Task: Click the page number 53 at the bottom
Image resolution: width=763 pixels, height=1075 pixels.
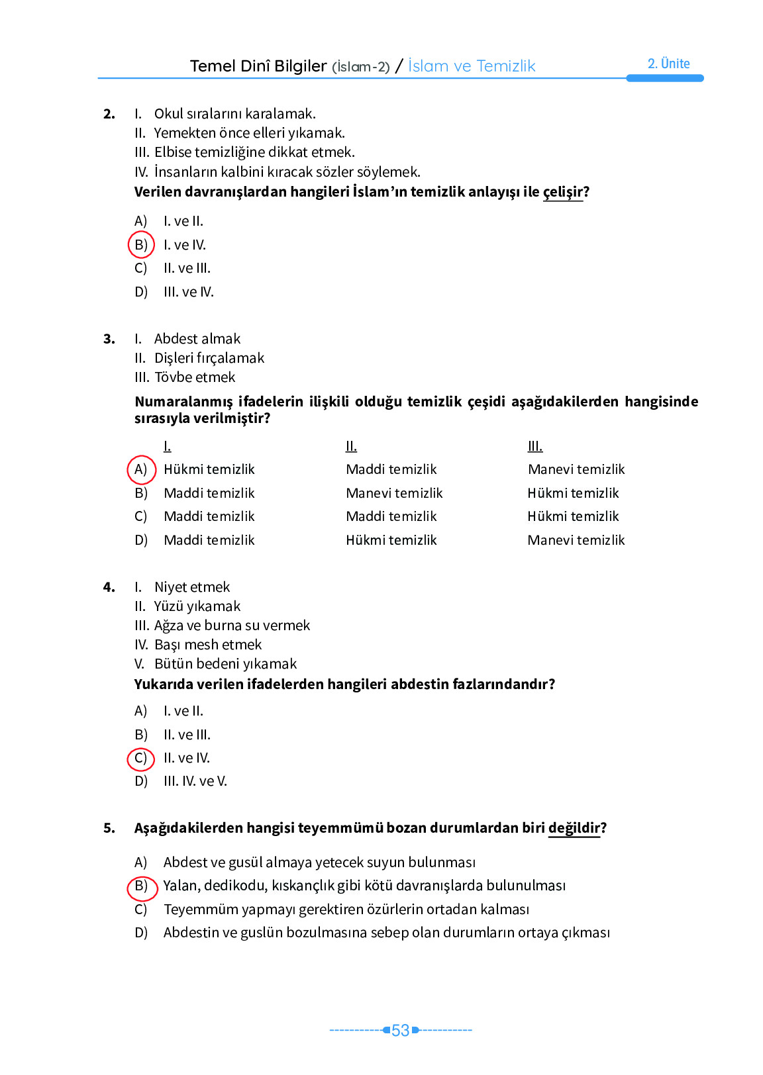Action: click(x=400, y=1031)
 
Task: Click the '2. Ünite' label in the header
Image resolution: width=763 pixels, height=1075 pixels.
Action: click(x=668, y=64)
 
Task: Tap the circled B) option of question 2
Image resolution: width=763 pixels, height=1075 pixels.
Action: click(x=141, y=245)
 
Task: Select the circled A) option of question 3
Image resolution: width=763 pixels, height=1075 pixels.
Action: click(x=141, y=469)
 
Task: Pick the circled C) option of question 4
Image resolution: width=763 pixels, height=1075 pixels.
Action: click(x=141, y=758)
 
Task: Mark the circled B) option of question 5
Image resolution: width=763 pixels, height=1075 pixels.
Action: click(x=141, y=886)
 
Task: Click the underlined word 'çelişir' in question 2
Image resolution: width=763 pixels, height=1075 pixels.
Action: click(x=562, y=192)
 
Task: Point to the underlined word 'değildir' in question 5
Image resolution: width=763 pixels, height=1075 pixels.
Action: click(x=574, y=828)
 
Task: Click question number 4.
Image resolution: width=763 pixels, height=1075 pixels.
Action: click(x=109, y=587)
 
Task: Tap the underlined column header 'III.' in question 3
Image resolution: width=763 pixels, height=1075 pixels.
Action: click(x=534, y=446)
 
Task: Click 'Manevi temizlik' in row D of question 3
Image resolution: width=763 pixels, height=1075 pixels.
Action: click(x=576, y=540)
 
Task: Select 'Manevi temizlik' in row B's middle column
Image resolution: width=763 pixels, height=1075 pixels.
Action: click(x=394, y=493)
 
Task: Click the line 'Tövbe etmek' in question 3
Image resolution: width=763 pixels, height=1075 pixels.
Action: click(x=195, y=377)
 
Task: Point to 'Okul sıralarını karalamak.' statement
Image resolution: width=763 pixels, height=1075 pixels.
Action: click(x=234, y=114)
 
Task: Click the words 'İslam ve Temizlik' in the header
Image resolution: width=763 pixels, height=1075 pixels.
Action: click(x=471, y=66)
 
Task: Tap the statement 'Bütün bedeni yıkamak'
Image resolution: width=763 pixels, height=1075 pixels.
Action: click(x=225, y=664)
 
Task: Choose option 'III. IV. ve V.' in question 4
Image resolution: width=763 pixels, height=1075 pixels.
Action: click(x=195, y=781)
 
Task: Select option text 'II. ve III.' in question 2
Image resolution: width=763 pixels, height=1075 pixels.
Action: click(x=187, y=269)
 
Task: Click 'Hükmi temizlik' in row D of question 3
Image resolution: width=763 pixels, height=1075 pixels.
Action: click(x=391, y=540)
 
